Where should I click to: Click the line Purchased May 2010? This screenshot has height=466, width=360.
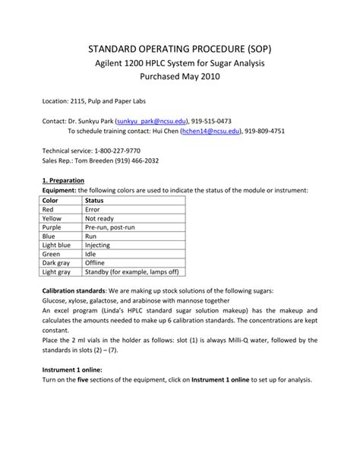(x=180, y=78)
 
